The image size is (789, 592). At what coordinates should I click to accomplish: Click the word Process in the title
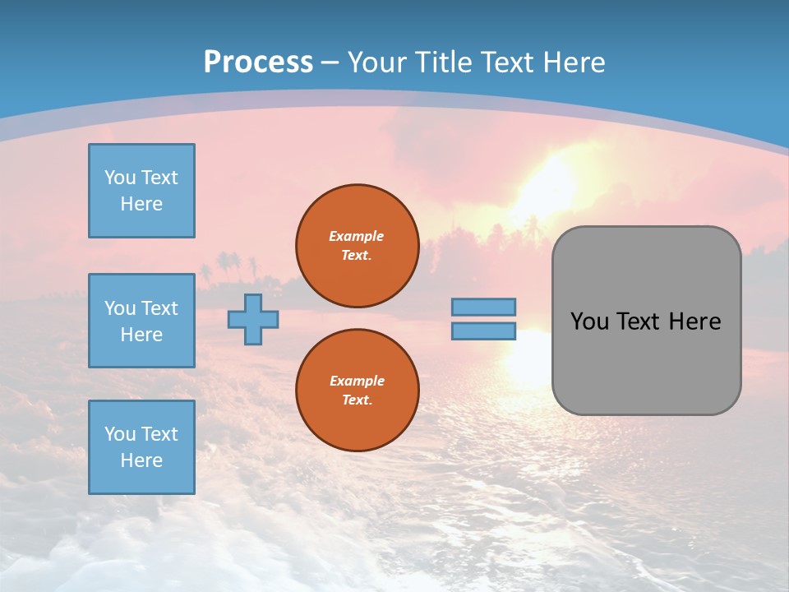[258, 62]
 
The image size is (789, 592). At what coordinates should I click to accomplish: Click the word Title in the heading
[442, 62]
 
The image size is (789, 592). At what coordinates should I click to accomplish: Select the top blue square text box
[141, 191]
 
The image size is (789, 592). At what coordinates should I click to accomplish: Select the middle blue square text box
[141, 321]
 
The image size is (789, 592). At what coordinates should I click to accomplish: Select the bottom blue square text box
[141, 447]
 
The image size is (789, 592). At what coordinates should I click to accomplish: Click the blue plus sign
[253, 320]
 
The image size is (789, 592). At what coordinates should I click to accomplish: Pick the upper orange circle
[357, 245]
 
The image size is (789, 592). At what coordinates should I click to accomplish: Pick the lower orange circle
[357, 390]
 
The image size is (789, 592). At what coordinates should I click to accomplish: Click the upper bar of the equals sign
[483, 307]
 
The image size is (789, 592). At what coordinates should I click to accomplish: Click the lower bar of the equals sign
[483, 331]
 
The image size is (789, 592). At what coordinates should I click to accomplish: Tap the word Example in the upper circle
[356, 236]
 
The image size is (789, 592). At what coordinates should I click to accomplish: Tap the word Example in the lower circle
[356, 381]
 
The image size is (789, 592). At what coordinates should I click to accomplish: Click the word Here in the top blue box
[141, 204]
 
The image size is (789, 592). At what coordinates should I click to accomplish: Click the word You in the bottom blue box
[120, 434]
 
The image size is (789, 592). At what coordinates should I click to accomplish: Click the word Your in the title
[374, 62]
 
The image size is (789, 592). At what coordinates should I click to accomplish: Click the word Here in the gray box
[694, 321]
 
